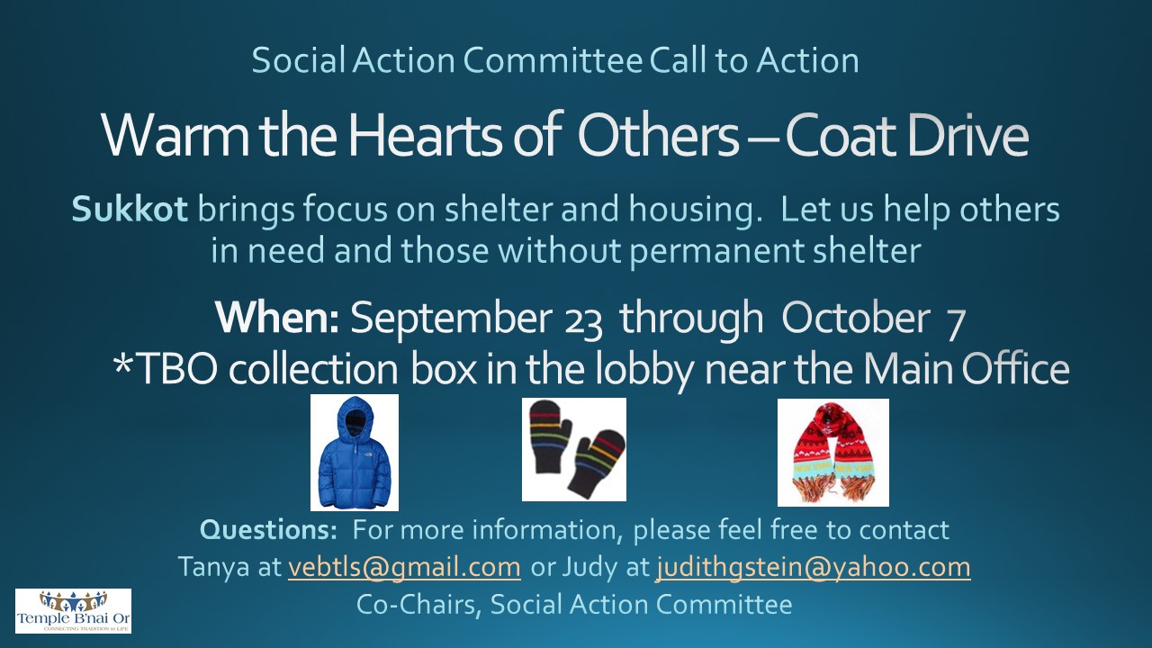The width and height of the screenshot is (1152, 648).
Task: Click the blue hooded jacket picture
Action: tap(355, 453)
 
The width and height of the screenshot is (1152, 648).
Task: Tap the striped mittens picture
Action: tap(574, 449)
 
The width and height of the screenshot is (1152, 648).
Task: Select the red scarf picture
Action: tap(833, 453)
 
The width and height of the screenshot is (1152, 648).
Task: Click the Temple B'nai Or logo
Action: tap(73, 611)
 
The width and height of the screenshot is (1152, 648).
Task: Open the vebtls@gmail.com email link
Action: tap(404, 567)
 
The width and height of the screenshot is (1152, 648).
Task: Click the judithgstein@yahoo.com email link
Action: tap(813, 567)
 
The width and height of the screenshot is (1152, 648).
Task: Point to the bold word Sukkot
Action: tap(129, 210)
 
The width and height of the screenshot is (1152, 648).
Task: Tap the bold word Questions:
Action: tap(268, 530)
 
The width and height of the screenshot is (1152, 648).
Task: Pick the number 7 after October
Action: tap(956, 324)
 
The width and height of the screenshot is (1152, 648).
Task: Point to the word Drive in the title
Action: tap(967, 135)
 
